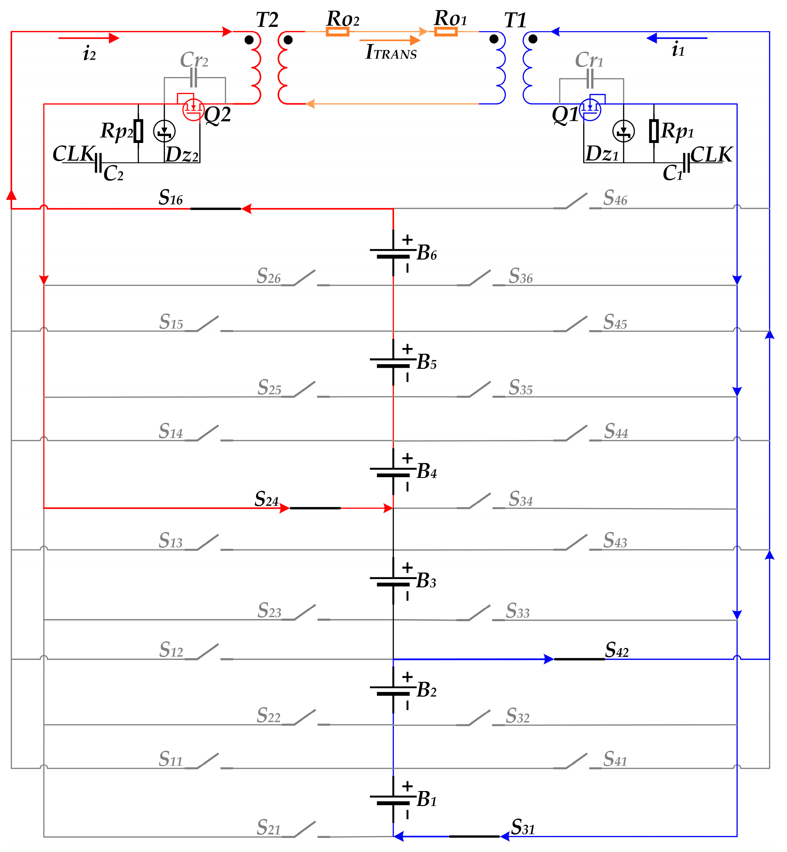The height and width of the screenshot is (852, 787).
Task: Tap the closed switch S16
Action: pyautogui.click(x=216, y=209)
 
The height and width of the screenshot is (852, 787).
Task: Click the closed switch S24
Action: pyautogui.click(x=315, y=508)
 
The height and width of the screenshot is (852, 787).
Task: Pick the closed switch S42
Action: pyautogui.click(x=579, y=659)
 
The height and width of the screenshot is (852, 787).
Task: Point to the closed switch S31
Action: pyautogui.click(x=474, y=836)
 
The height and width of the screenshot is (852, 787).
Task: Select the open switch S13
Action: pyautogui.click(x=209, y=543)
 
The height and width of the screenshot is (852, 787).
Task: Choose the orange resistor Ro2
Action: pyautogui.click(x=337, y=32)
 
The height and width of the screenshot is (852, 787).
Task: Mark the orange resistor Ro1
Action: pyautogui.click(x=446, y=32)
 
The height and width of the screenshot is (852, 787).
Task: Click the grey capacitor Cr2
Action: pyautogui.click(x=193, y=78)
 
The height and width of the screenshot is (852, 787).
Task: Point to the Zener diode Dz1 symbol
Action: pyautogui.click(x=623, y=131)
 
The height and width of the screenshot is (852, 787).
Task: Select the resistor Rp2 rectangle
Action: pyautogui.click(x=138, y=131)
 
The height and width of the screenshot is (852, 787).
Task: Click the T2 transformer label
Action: pyautogui.click(x=267, y=20)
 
